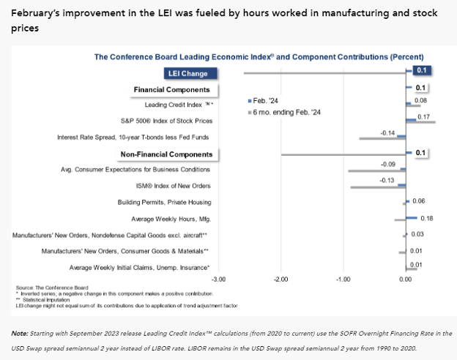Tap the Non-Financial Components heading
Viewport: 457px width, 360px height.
click(166, 154)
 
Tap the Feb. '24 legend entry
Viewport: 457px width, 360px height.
click(264, 100)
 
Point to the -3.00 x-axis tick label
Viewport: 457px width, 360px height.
click(218, 280)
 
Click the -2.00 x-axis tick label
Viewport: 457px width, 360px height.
click(280, 280)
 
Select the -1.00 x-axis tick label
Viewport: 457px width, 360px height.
click(343, 280)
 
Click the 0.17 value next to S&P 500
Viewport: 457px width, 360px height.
click(423, 116)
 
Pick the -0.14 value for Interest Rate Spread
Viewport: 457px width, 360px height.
click(388, 132)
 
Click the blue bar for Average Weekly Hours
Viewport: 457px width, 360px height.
click(411, 218)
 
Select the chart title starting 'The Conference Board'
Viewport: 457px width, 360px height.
click(258, 56)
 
